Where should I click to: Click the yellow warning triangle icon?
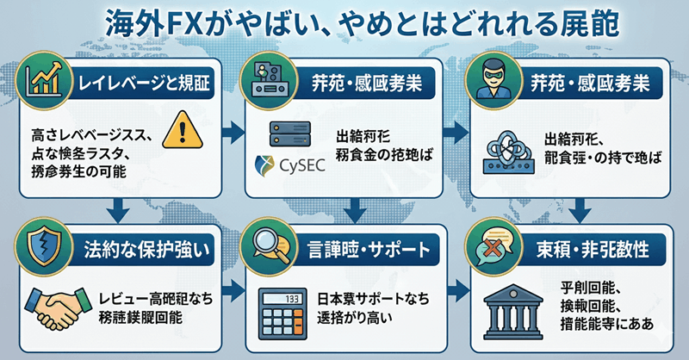click(x=189, y=128)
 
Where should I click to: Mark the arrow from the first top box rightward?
click(x=231, y=132)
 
